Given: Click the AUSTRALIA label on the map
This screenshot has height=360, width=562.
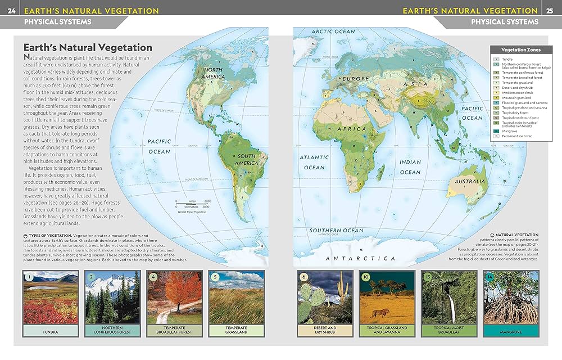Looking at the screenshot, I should [x=470, y=182].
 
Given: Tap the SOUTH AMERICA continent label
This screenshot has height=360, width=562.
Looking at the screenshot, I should [x=246, y=159].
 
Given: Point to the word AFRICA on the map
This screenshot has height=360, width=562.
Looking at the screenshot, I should [x=351, y=129].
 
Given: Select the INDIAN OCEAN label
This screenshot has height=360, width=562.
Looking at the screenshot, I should [x=410, y=167].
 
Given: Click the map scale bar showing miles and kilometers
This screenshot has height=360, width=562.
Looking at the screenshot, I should [x=192, y=204].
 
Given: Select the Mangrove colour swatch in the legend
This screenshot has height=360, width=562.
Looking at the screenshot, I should [x=496, y=131].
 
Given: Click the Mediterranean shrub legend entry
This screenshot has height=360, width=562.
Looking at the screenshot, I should [x=515, y=92].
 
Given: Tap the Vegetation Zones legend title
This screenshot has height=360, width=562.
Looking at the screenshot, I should [x=516, y=50].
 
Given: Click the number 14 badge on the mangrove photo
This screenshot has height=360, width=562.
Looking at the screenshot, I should [x=488, y=277].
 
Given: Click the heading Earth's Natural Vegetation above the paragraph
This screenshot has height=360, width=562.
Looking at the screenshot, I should [x=87, y=48].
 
